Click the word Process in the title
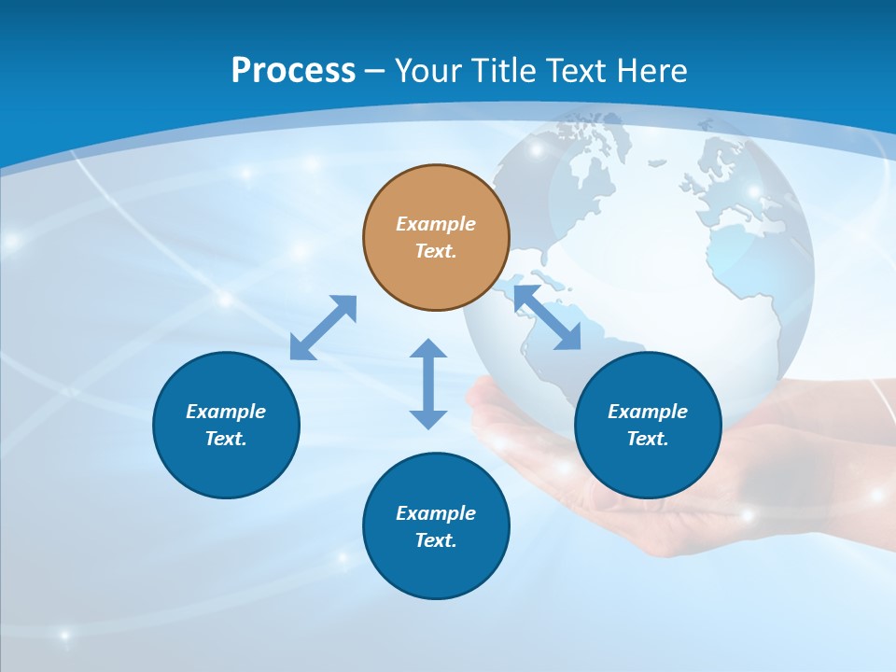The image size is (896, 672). pos(293,71)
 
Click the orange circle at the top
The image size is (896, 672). pos(436,237)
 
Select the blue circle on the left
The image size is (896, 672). pos(226,425)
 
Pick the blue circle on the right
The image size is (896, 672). pos(648,425)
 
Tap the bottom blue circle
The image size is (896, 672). pos(436,526)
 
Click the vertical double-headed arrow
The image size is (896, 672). pos(428,384)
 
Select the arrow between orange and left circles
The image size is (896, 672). pos(323,328)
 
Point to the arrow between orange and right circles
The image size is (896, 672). pos(547,318)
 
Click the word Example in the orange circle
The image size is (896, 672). pos(436,224)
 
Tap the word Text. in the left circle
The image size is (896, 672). pos(226,439)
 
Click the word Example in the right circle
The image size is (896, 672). pos(648,412)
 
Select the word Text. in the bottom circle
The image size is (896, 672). pos(436,540)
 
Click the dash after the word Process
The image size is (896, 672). pos(374,71)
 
